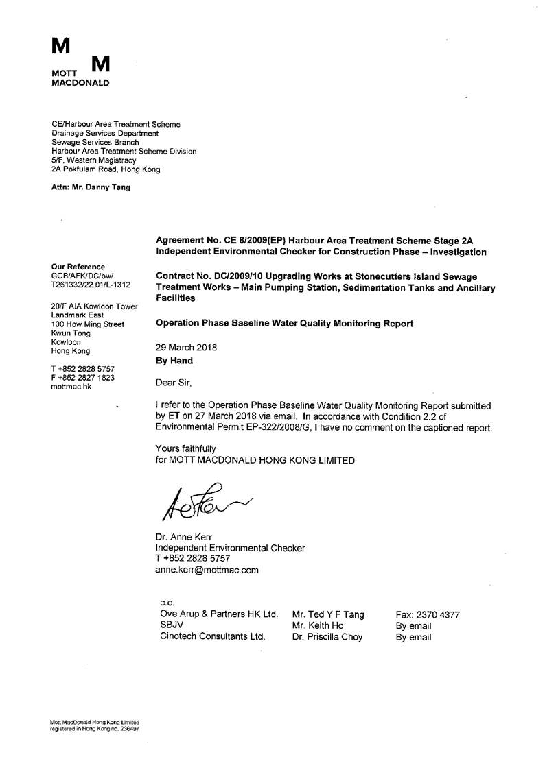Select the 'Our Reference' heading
click(x=78, y=267)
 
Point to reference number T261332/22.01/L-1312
click(x=91, y=284)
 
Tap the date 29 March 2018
click(x=187, y=347)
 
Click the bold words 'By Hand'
click(x=175, y=360)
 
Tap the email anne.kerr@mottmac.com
click(x=207, y=569)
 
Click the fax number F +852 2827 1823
click(x=83, y=378)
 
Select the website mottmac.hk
click(x=71, y=387)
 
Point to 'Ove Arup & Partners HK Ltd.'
click(x=218, y=614)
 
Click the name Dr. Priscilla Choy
click(x=327, y=637)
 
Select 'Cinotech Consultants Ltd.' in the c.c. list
click(x=212, y=637)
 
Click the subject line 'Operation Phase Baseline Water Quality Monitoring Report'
click(x=285, y=324)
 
